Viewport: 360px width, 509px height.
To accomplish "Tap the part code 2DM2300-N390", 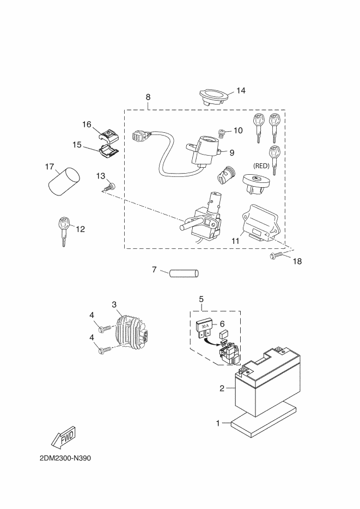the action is pos(65,458).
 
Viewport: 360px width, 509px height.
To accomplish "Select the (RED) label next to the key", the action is pos(261,166).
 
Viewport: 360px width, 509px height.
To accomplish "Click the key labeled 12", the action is pos(63,232).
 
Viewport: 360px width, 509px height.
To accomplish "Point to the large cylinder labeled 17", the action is pos(64,181).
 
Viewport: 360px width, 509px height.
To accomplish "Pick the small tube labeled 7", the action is pos(184,273).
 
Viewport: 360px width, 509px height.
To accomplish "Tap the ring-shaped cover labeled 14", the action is pos(212,97).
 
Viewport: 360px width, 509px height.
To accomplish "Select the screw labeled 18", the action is pos(275,256).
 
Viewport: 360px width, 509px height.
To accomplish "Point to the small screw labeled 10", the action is pos(221,133).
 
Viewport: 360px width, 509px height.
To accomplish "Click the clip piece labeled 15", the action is pos(108,151).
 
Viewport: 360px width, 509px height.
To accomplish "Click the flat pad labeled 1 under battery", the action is pos(263,419).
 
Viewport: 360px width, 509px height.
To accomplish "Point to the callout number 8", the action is pos(148,97).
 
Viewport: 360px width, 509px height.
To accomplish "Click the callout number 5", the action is pos(202,298).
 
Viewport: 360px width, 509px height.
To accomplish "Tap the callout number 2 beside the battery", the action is pos(222,388).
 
